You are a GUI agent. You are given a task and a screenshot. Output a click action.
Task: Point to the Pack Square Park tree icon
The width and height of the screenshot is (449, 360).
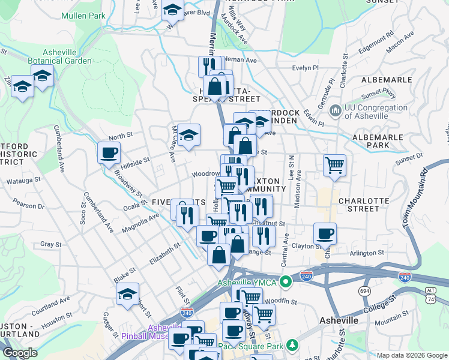(292, 345)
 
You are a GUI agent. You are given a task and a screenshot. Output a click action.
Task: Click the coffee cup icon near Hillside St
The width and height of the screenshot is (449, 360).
(109, 153)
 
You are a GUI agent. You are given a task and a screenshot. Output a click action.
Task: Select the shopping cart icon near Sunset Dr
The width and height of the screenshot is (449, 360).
(334, 165)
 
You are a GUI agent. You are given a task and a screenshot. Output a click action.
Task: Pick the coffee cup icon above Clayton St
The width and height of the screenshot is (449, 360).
(325, 233)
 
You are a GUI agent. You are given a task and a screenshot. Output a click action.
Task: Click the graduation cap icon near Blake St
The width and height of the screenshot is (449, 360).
(127, 294)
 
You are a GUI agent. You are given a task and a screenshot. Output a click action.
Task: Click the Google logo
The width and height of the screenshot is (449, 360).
(20, 352)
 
